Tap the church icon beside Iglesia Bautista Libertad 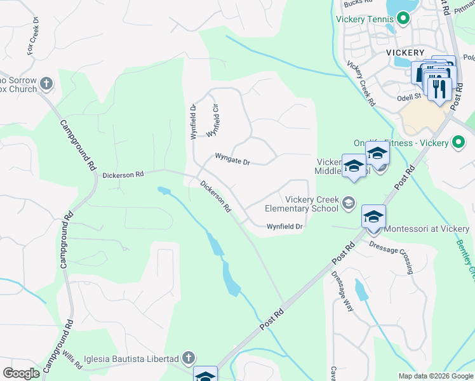pos(188,359)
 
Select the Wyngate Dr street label pos(232,159)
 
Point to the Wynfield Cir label pos(213,121)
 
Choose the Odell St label pos(409,97)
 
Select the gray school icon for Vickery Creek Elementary pos(348,203)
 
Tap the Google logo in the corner pos(22,373)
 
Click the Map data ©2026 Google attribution pos(435,376)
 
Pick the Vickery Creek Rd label pos(360,83)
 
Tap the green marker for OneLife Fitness pos(457,142)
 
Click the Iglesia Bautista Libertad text pos(134,359)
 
